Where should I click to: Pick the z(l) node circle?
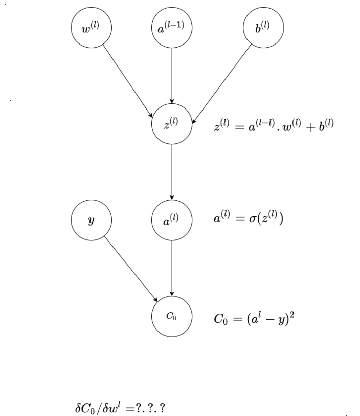tap(172, 124)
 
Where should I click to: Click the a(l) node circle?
tap(172, 220)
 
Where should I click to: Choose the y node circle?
tap(91, 220)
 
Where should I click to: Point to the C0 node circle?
tap(172, 316)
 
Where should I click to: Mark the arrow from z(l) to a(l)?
tap(172, 172)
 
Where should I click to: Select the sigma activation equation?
tap(248, 219)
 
